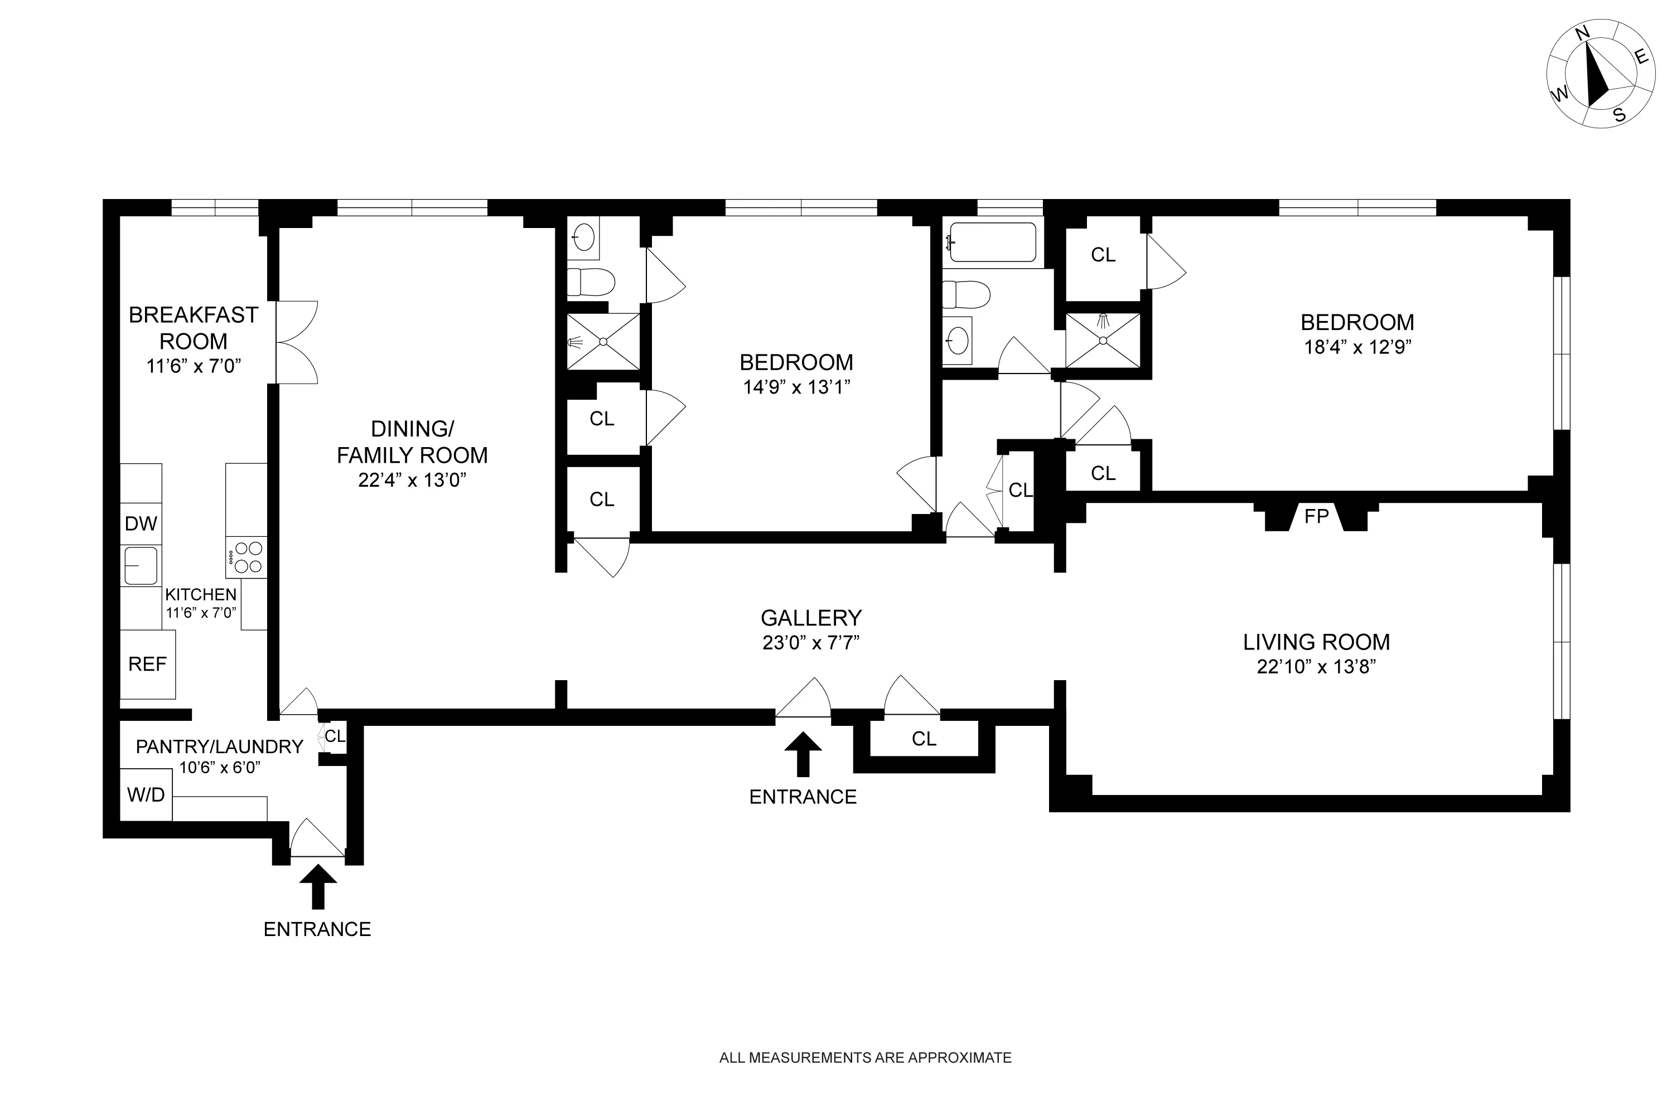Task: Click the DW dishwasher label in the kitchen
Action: coord(140,524)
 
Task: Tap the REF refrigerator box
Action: coord(147,664)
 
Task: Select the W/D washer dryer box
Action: coord(146,795)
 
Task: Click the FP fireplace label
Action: coord(1316,516)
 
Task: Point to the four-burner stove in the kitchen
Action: coord(247,557)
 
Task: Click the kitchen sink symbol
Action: coord(141,566)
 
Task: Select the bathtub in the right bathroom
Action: coord(993,243)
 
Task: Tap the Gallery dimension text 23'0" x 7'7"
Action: coord(811,643)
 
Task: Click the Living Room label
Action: coord(1316,642)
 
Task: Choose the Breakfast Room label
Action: coord(193,328)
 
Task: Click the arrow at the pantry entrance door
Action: coord(318,886)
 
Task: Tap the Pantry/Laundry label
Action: coord(219,746)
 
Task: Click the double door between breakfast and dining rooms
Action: coord(297,343)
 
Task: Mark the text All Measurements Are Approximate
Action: coord(865,1058)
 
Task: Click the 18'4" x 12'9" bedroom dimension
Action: coord(1357,347)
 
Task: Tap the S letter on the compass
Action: coord(1620,114)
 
